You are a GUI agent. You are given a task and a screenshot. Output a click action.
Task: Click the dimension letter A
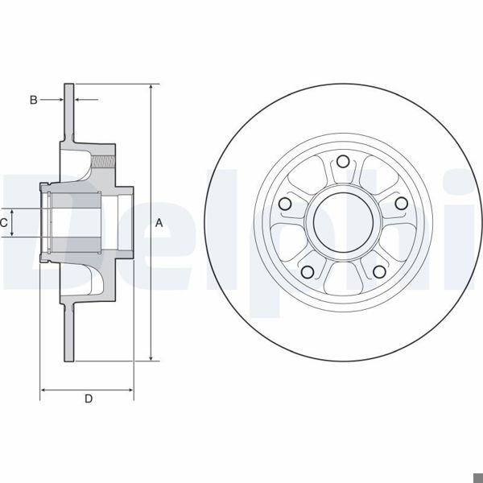pyautogui.click(x=159, y=223)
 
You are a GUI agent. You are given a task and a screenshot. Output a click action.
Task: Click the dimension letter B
pyautogui.click(x=33, y=100)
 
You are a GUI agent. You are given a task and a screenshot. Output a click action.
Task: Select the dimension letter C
pyautogui.click(x=5, y=222)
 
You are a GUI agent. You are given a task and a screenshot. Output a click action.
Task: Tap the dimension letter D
pyautogui.click(x=89, y=398)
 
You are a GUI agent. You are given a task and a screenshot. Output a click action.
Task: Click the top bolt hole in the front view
pyautogui.click(x=342, y=159)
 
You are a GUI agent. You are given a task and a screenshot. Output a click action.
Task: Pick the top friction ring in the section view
pyautogui.click(x=69, y=113)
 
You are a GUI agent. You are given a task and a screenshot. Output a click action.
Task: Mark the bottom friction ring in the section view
pyautogui.click(x=69, y=334)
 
